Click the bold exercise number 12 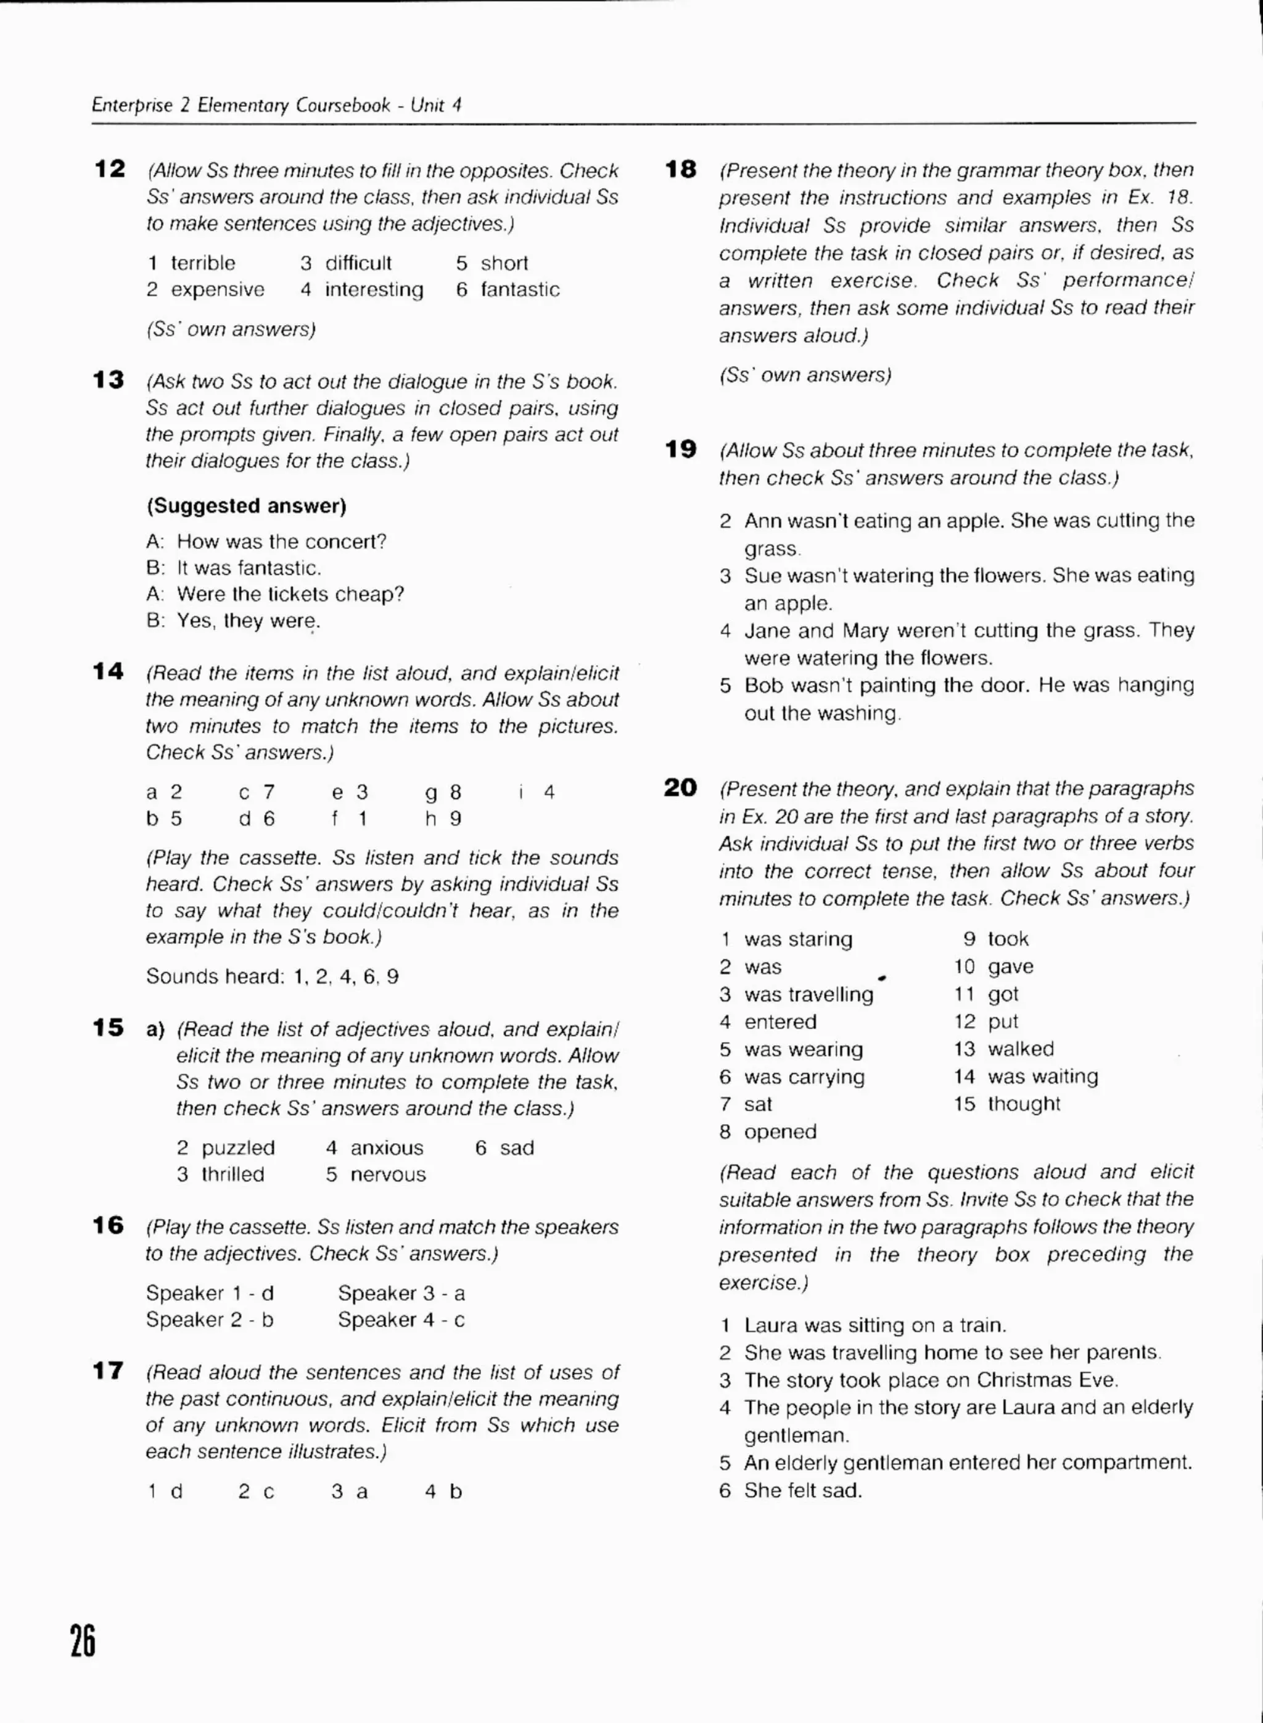[x=109, y=169]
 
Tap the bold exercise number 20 [x=680, y=788]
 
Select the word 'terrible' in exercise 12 [x=203, y=263]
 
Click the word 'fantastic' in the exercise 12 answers [x=520, y=290]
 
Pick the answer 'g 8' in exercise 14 [x=443, y=792]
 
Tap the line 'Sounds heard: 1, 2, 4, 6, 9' [x=272, y=977]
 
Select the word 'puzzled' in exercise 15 [x=238, y=1148]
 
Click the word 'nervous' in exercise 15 [x=388, y=1175]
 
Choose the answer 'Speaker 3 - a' [x=401, y=1293]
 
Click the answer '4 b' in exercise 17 [x=443, y=1491]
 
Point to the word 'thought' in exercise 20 [x=1024, y=1104]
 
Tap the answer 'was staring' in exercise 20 [x=798, y=939]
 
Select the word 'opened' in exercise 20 [x=780, y=1132]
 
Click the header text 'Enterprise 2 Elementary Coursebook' [x=241, y=105]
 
